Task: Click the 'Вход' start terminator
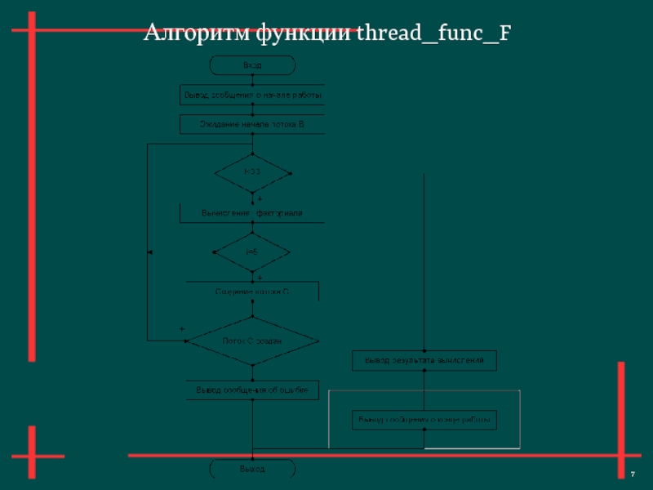[252, 65]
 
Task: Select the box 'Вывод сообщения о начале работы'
[252, 96]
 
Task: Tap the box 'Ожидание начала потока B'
[252, 124]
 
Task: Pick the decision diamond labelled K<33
[252, 172]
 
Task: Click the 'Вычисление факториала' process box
[252, 213]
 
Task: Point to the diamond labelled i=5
[252, 252]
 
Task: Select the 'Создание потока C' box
[252, 291]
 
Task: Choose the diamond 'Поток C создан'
[252, 341]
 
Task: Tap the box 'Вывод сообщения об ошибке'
[252, 390]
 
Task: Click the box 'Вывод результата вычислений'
[424, 359]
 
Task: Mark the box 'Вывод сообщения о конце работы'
[424, 420]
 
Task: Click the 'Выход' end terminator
[252, 470]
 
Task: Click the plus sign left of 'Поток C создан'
[182, 329]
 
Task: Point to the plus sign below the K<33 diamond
[260, 198]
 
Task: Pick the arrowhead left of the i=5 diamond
[150, 252]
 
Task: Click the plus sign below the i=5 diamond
[260, 278]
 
